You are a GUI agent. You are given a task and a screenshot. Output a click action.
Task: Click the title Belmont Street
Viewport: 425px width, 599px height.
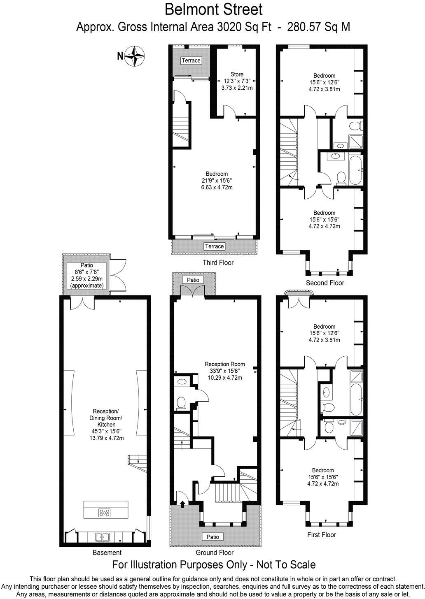point(213,9)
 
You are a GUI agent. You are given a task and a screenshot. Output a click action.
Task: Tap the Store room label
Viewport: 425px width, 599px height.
point(237,74)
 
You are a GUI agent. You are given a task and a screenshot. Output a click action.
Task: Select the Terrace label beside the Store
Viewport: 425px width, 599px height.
point(191,60)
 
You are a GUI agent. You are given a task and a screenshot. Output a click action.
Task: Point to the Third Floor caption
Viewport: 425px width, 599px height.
point(218,262)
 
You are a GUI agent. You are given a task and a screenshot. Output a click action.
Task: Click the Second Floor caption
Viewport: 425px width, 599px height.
point(325,283)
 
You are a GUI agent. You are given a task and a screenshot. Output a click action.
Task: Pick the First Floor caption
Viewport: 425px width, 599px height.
point(321,535)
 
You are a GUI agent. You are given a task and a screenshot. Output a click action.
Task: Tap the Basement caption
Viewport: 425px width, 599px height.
point(107,553)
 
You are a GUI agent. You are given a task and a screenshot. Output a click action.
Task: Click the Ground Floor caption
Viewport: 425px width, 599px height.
point(215,553)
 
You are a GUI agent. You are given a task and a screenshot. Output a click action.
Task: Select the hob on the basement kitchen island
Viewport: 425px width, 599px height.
point(105,513)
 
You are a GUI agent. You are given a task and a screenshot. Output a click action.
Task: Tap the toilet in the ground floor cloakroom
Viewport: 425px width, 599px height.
point(180,403)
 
